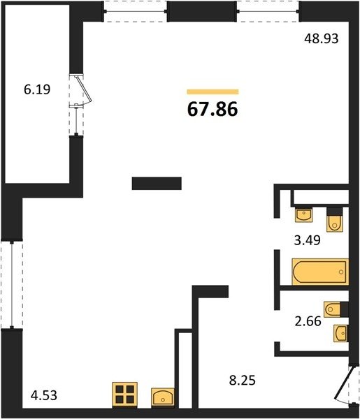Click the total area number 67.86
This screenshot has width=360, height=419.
pyautogui.click(x=213, y=110)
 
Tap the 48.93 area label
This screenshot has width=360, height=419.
pyautogui.click(x=322, y=38)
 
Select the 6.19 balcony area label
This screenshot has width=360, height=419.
pyautogui.click(x=37, y=89)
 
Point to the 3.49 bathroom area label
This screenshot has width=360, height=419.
pyautogui.click(x=307, y=240)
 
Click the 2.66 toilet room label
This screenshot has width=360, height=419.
pyautogui.click(x=308, y=321)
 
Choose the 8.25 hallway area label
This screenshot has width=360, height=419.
pyautogui.click(x=243, y=380)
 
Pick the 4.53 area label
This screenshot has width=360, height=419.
pyautogui.click(x=44, y=395)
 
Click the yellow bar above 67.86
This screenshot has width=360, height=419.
pyautogui.click(x=213, y=91)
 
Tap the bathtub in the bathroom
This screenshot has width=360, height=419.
pyautogui.click(x=320, y=272)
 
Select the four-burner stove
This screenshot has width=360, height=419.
pyautogui.click(x=125, y=395)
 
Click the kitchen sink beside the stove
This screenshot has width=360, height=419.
pyautogui.click(x=163, y=397)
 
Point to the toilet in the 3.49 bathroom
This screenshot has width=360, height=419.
pyautogui.click(x=335, y=219)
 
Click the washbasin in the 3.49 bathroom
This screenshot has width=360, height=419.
pyautogui.click(x=303, y=215)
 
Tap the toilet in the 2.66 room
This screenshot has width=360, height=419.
pyautogui.click(x=336, y=309)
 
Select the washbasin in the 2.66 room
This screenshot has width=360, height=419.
pyautogui.click(x=341, y=333)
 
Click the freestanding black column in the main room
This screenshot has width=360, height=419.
pyautogui.click(x=157, y=183)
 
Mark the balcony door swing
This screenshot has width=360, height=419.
pyautogui.click(x=84, y=91)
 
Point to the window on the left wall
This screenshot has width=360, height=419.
pyautogui.click(x=12, y=285)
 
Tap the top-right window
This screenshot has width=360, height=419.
pyautogui.click(x=268, y=11)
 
